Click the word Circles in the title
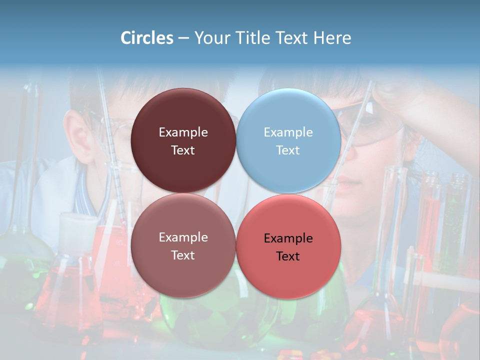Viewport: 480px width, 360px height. click(147, 38)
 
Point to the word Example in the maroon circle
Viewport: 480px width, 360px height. click(183, 132)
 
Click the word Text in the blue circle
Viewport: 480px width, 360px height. click(288, 150)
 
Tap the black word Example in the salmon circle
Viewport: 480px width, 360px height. click(288, 238)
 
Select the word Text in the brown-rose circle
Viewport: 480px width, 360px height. click(183, 255)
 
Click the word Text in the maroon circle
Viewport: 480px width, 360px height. click(183, 150)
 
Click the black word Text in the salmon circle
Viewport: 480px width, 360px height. click(288, 256)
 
